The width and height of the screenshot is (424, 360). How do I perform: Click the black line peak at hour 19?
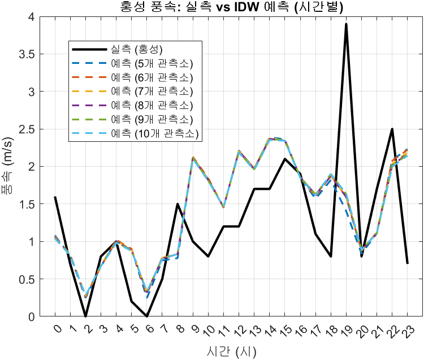click(x=346, y=24)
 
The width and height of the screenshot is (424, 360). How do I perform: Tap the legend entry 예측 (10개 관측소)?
click(x=155, y=133)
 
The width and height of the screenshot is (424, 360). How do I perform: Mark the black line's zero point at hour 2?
click(x=85, y=316)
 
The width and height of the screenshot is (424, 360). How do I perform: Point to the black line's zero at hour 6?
click(x=147, y=316)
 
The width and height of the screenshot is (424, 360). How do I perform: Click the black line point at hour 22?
click(x=392, y=129)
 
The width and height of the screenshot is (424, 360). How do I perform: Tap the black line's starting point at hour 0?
click(x=55, y=197)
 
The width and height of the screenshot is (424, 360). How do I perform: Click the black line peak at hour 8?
click(x=178, y=204)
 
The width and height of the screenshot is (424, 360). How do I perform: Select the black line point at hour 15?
click(x=284, y=159)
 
